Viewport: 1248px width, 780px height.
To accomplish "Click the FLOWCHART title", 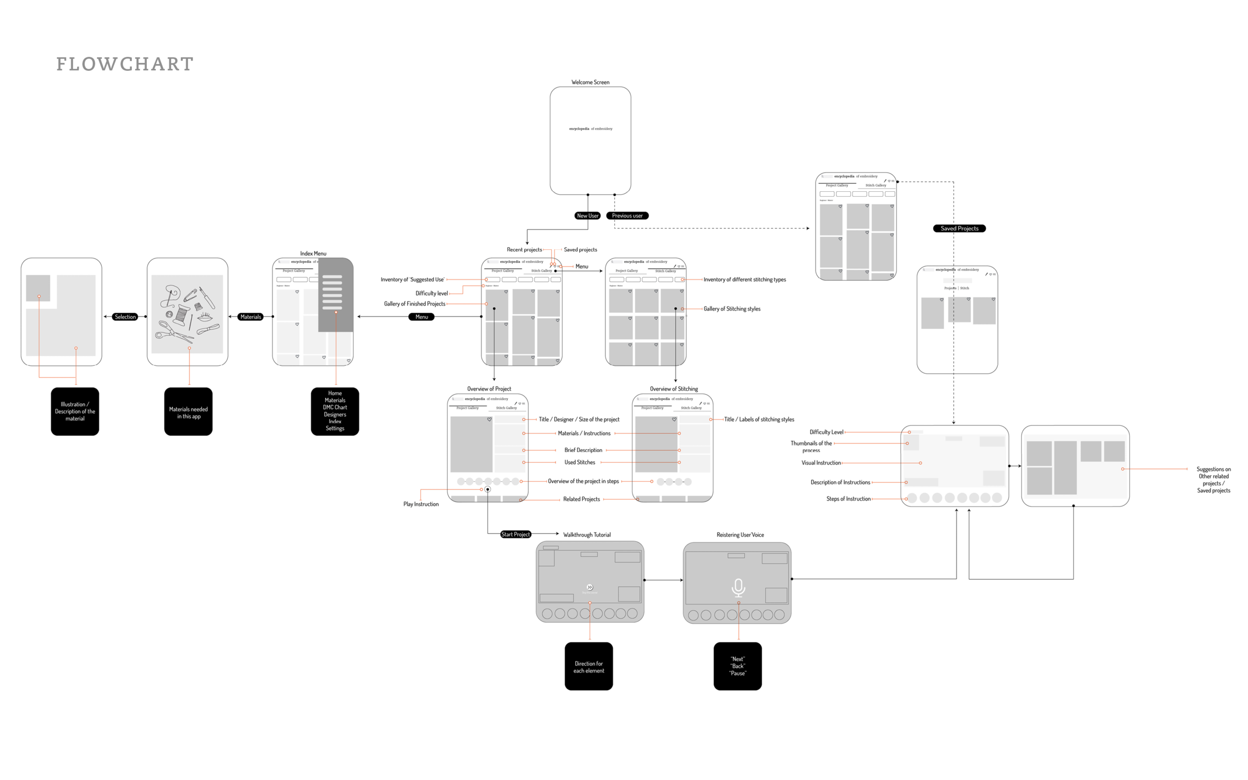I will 125,64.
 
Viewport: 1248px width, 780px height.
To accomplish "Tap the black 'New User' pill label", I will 588,216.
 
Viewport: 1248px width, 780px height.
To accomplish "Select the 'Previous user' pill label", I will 627,216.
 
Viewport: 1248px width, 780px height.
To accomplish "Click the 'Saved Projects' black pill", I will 959,229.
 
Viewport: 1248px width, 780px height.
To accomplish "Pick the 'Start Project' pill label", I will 516,534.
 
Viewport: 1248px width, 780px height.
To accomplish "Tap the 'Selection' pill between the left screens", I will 125,317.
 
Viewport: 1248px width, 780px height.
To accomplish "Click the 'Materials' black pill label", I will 251,317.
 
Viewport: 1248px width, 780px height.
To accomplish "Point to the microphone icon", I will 738,588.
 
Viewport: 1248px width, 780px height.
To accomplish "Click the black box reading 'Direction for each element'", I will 589,667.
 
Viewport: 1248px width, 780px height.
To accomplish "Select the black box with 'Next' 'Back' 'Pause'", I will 737,667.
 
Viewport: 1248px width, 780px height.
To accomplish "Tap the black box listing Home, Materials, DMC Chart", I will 334,411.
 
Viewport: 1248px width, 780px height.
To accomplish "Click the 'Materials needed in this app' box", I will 188,411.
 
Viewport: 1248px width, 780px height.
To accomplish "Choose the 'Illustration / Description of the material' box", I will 75,411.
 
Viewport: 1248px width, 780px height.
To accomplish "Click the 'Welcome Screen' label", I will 590,82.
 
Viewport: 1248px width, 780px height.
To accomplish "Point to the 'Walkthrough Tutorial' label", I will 587,534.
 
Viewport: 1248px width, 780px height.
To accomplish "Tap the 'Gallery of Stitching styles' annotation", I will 732,309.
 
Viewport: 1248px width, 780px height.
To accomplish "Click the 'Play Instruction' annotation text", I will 421,504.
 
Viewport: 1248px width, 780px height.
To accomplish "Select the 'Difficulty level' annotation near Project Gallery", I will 432,293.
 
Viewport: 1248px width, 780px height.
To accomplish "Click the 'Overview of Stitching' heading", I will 673,389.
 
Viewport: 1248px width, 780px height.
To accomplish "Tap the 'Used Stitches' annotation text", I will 580,462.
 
